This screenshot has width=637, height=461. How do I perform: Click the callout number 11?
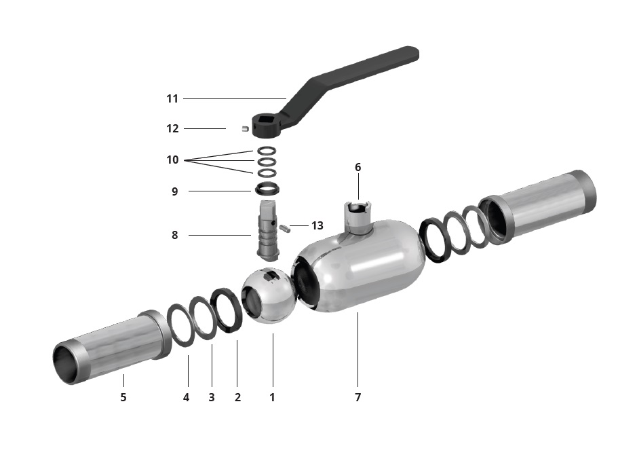[x=172, y=99]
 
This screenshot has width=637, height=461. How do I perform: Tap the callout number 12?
[x=172, y=128]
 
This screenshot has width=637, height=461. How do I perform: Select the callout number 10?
[x=172, y=160]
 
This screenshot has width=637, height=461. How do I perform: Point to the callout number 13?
[x=317, y=225]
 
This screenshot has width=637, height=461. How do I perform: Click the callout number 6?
[x=358, y=167]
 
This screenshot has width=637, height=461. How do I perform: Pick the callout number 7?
[x=358, y=397]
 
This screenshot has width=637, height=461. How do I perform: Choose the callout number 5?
[x=123, y=397]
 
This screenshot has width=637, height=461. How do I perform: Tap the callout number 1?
[x=272, y=397]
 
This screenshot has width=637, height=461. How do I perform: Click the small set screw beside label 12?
[x=245, y=129]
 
